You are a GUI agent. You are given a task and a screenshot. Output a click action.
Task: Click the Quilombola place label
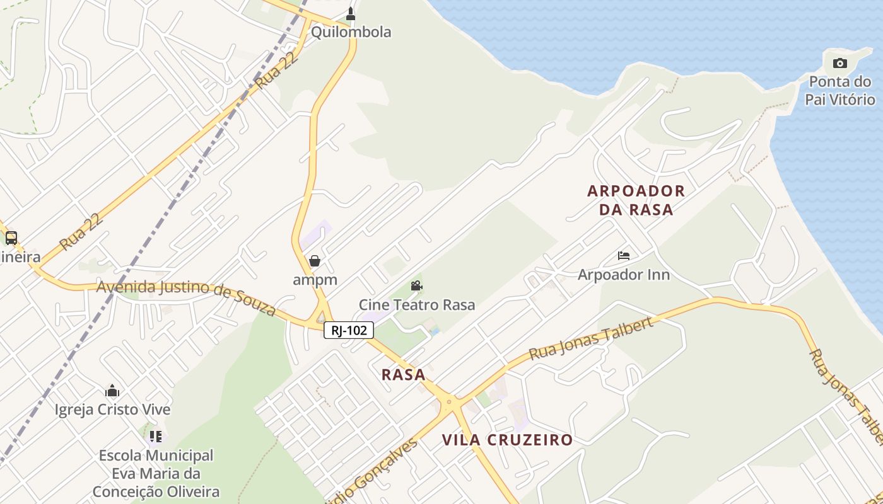tap(351, 32)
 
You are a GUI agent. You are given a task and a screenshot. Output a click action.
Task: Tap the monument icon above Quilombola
tap(351, 13)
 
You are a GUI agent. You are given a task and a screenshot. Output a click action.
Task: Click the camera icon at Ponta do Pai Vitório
tap(840, 63)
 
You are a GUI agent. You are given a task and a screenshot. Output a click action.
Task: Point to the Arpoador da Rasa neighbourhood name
tap(636, 200)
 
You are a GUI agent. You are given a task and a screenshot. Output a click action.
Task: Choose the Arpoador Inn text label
tap(624, 275)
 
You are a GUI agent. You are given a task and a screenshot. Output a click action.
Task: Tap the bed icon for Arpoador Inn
tap(624, 256)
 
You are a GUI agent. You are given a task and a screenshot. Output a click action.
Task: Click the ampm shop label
tap(315, 280)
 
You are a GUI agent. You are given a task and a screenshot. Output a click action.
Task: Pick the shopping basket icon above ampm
tap(315, 261)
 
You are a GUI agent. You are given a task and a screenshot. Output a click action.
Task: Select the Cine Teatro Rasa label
tap(417, 305)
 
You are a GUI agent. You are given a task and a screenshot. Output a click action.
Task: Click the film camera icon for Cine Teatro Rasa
tap(417, 286)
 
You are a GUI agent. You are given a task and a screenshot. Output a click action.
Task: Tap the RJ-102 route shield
tap(349, 330)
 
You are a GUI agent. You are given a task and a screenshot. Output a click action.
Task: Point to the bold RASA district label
tap(404, 375)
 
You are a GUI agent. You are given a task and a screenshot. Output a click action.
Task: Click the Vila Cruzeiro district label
tap(507, 440)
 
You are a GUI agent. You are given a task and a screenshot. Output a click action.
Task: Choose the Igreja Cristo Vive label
tap(112, 409)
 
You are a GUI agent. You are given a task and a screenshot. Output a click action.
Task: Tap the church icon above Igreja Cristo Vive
tap(112, 391)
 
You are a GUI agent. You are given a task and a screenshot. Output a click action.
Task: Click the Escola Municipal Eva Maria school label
tap(156, 473)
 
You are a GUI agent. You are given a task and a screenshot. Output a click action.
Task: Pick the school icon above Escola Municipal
tap(156, 436)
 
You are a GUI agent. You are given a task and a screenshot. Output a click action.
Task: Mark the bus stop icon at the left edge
tap(11, 238)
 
